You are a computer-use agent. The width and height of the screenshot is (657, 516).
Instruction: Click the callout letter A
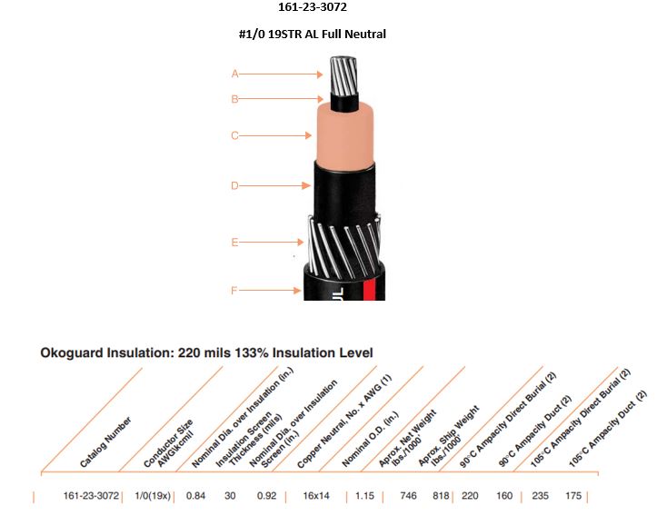coord(234,74)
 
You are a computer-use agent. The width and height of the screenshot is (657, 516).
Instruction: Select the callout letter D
coord(234,185)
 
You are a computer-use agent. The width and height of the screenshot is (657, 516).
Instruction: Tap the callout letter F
coord(234,291)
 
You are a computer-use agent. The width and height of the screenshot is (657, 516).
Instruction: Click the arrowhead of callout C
coord(308,135)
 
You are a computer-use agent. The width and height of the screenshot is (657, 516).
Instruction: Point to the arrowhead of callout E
coord(301,242)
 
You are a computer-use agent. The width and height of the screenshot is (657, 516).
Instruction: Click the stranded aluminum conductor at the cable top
coord(343,76)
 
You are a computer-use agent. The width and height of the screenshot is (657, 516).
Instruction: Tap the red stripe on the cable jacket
coord(369,290)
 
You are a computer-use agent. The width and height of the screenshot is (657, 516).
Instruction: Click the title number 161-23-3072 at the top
coord(313,7)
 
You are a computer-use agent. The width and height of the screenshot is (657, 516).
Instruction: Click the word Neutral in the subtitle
coord(364,34)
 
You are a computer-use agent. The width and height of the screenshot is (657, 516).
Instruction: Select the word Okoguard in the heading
coord(72,352)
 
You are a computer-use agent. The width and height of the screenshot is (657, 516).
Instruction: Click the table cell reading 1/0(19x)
coord(153,496)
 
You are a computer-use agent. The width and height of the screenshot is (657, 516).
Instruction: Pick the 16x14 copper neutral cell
coord(316,496)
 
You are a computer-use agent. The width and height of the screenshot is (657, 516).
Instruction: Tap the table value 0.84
coord(195,496)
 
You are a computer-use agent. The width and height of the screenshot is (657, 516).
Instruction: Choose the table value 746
coord(408,496)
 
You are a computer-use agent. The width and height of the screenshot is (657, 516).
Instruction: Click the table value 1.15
coord(364,496)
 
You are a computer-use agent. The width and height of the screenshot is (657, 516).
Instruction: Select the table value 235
coord(540,496)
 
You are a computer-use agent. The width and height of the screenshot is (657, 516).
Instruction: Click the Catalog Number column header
coord(105,442)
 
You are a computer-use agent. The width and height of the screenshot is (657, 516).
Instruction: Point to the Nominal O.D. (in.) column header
coord(371,440)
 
